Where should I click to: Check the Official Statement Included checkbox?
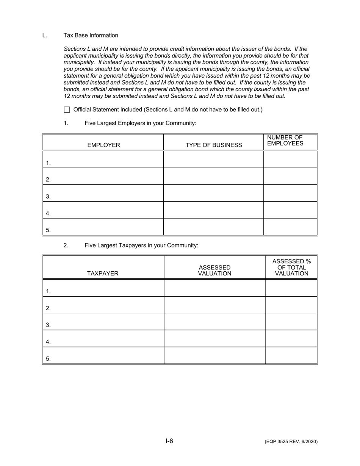click(x=67, y=110)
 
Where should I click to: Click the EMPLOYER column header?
click(x=103, y=145)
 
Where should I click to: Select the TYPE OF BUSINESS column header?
click(x=213, y=145)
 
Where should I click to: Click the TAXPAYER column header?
click(x=103, y=274)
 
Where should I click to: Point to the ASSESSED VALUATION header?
click(x=214, y=271)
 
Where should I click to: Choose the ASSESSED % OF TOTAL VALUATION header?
click(x=291, y=267)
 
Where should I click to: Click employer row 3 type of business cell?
click(x=213, y=193)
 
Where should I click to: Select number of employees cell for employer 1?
click(x=290, y=160)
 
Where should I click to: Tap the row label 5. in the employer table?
click(x=48, y=230)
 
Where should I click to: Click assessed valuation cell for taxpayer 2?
click(x=214, y=305)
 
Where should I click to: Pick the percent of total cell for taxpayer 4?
click(x=291, y=338)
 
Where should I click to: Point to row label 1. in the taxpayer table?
click(x=48, y=291)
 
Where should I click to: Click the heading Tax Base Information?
click(x=91, y=36)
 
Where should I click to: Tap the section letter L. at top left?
click(x=45, y=36)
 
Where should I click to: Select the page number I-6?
click(x=169, y=441)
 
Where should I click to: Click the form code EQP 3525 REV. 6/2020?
click(x=291, y=442)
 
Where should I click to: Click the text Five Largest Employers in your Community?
click(x=141, y=123)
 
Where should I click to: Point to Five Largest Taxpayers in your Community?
click(x=141, y=246)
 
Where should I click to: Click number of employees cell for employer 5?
click(x=290, y=227)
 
